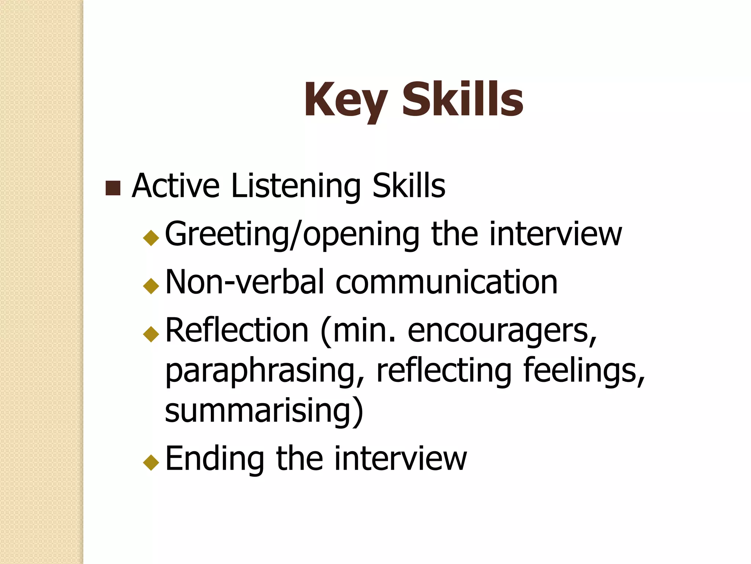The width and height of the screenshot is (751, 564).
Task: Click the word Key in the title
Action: coord(345,100)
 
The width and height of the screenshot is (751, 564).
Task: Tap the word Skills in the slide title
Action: coord(462,100)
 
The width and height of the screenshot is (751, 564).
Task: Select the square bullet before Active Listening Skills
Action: coord(113,188)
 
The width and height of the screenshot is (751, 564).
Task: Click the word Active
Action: coord(176,186)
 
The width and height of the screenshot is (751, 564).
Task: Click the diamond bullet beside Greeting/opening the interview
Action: coord(151,238)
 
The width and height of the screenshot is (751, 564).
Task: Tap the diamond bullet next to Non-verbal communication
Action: coord(151,286)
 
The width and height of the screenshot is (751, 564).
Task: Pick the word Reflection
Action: coord(237,330)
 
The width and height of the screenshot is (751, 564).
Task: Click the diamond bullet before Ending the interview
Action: coord(151,462)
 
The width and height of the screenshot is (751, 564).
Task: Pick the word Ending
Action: coord(215,459)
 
